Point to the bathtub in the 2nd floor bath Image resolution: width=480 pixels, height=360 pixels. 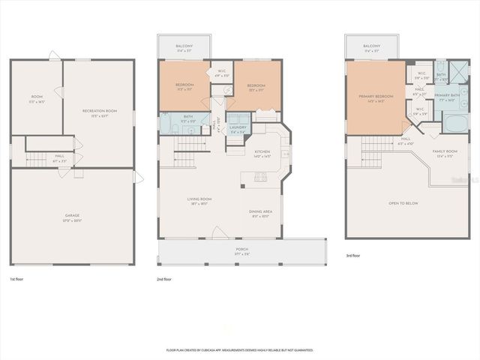(x=166, y=121)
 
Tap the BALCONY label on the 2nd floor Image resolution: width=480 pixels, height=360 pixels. (x=184, y=47)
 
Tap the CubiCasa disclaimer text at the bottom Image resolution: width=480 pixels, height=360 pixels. (x=239, y=349)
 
